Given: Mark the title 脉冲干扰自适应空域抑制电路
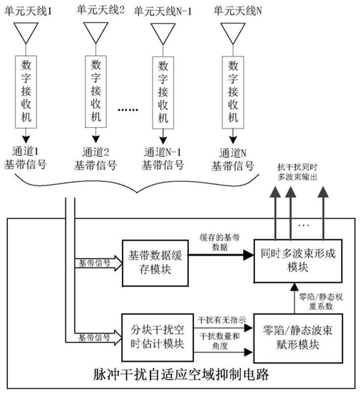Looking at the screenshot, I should click(x=181, y=376).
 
